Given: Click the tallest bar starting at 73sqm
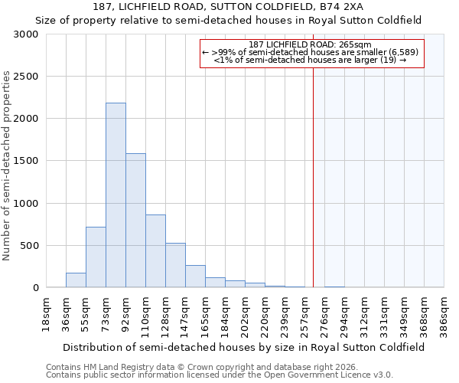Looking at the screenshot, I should [116, 195].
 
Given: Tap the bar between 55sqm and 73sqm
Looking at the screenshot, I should [96, 257].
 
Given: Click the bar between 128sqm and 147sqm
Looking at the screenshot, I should [175, 265].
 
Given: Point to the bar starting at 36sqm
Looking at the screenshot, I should [76, 280].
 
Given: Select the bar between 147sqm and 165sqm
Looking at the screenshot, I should [195, 277].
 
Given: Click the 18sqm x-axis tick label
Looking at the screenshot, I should [47, 313].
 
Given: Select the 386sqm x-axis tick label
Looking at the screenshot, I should [444, 313].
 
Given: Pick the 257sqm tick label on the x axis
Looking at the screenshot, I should [304, 313].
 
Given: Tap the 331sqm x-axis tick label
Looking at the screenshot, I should [385, 313].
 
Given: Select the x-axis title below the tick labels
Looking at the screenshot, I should [245, 347].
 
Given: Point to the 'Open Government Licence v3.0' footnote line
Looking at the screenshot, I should [220, 375].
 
